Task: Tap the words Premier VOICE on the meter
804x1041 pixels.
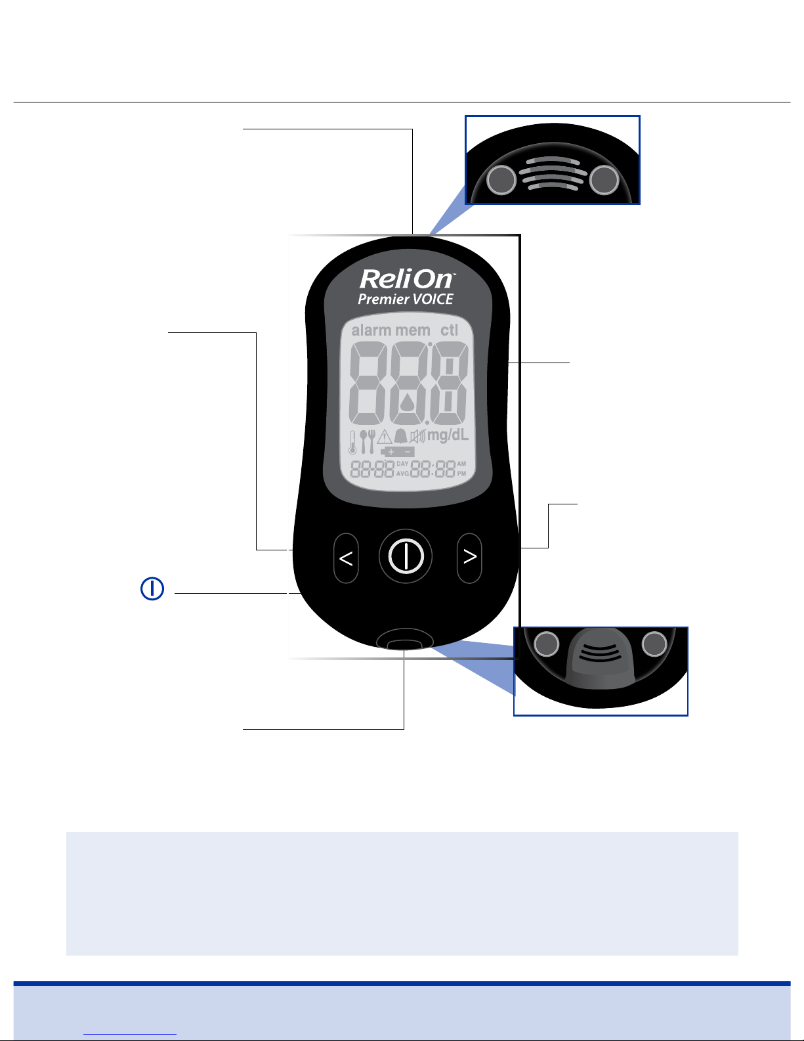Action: tap(406, 299)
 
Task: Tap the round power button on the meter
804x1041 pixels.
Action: tap(406, 556)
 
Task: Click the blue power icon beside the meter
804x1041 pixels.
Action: tap(152, 588)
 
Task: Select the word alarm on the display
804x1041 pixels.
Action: tap(371, 330)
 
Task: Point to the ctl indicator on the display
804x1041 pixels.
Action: tap(450, 330)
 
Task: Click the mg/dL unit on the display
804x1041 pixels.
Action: tap(448, 435)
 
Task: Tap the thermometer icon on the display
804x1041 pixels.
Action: tap(352, 442)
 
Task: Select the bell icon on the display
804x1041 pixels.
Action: tap(400, 436)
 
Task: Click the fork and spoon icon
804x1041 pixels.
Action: tap(368, 442)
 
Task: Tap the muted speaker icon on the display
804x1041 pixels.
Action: tap(417, 436)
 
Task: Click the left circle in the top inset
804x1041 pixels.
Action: tap(502, 179)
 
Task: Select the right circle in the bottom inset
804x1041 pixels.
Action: tap(654, 645)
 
